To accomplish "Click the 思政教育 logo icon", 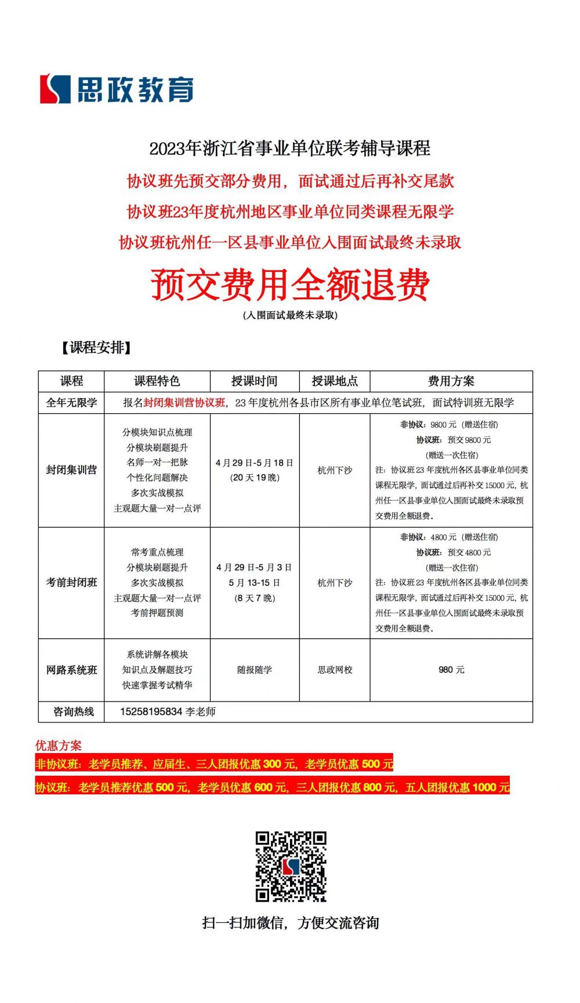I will point(55,89).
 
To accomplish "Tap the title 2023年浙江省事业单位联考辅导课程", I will point(290,148).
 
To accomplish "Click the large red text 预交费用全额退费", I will point(290,285).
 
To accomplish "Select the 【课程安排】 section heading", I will point(96,347).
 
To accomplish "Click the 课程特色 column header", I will point(157,381).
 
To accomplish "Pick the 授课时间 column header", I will point(254,381).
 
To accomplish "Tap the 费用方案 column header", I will point(451,381).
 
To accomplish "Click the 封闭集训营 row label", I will point(71,470).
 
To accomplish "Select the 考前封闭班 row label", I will point(71,582).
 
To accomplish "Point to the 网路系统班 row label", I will point(71,670).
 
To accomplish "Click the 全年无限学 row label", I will point(71,402).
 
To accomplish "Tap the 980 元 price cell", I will point(451,670).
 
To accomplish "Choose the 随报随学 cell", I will point(254,670).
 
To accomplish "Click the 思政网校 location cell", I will point(335,670).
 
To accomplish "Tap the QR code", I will point(291,866).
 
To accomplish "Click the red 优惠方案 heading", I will point(59,746).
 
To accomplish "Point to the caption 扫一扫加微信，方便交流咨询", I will point(291,922).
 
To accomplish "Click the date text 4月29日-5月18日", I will point(254,463).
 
